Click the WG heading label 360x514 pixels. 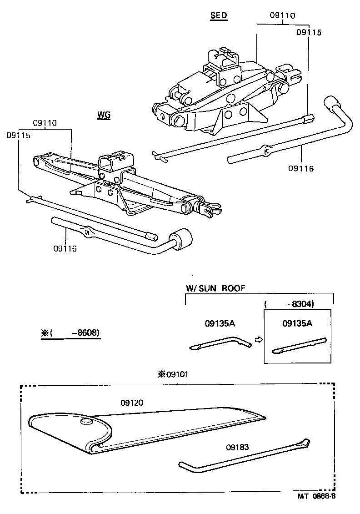point(104,115)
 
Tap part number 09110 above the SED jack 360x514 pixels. point(282,15)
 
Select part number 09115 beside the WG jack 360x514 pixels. point(18,135)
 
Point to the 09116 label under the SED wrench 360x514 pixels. point(300,168)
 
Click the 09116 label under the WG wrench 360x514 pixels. point(65,248)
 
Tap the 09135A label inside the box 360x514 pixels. point(298,323)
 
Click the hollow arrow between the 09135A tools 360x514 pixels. point(258,339)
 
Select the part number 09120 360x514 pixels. point(132,403)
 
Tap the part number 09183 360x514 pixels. point(237,447)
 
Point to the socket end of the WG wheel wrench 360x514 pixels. point(181,239)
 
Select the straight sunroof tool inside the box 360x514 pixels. point(299,345)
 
